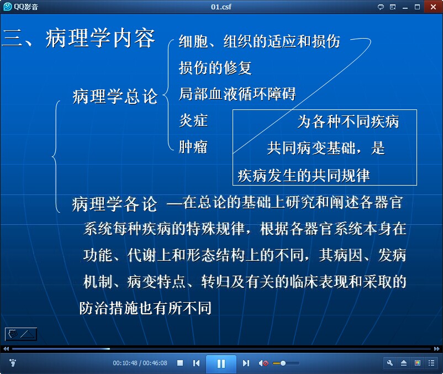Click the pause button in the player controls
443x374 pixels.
[x=221, y=364]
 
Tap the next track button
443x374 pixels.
[x=246, y=364]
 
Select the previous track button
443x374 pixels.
[x=196, y=364]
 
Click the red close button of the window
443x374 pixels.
[x=433, y=7]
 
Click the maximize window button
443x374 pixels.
[x=417, y=7]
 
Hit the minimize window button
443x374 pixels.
[x=405, y=8]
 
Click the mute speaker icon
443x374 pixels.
[x=263, y=364]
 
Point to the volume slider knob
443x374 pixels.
[x=283, y=364]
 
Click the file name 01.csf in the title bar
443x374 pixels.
[x=221, y=7]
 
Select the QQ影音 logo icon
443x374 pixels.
[x=8, y=7]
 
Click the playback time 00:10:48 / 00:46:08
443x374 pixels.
[x=140, y=363]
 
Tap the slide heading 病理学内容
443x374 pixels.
[x=101, y=38]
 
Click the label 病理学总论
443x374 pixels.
[x=115, y=96]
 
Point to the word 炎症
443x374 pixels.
[x=193, y=120]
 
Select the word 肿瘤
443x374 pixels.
[x=193, y=147]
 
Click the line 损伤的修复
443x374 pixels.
[x=215, y=68]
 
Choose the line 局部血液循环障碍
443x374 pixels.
[x=238, y=94]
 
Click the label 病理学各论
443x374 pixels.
[x=114, y=204]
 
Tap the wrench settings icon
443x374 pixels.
[x=390, y=364]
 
